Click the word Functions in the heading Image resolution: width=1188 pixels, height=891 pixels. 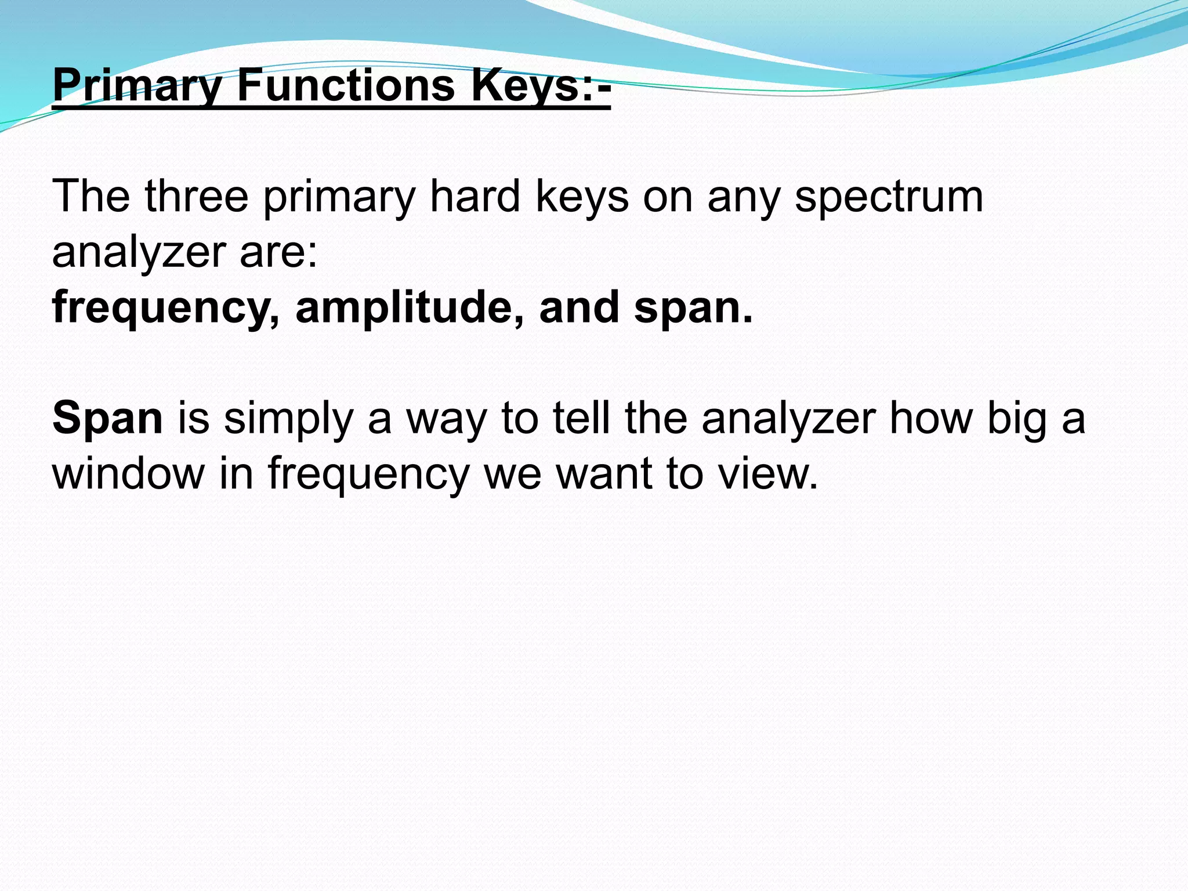pos(346,85)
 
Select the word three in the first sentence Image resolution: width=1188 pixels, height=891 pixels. pos(197,197)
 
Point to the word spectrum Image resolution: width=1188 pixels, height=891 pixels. pos(889,197)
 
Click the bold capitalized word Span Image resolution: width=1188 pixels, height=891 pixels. pos(108,418)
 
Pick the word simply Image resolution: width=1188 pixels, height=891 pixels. pos(288,418)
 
